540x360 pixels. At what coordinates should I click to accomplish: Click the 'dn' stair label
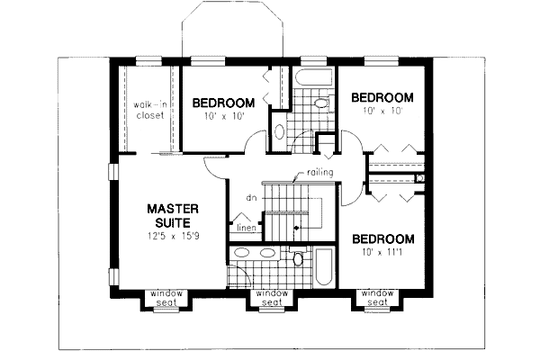pos(253,196)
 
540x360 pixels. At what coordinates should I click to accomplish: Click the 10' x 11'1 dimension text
pos(382,256)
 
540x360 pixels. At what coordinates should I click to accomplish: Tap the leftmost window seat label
pos(166,298)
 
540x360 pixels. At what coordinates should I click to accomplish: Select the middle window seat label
pos(272,298)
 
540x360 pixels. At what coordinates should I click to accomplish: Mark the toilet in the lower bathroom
pos(298,260)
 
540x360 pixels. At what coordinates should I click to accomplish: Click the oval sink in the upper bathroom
pos(279,132)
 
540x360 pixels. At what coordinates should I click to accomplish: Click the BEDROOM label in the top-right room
pos(382,97)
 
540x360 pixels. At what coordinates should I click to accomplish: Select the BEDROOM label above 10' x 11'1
pos(382,239)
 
